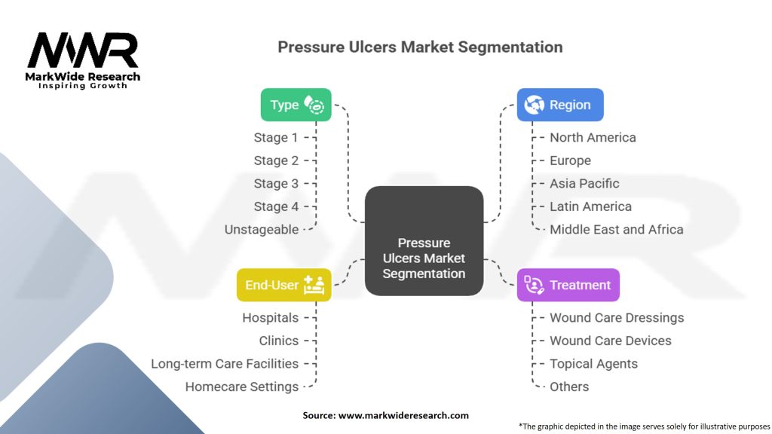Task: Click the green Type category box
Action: (x=296, y=105)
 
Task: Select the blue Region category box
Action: (x=559, y=105)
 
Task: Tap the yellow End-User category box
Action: (x=283, y=285)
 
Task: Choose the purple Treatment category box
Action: (x=568, y=285)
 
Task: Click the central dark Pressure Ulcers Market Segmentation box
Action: (x=424, y=240)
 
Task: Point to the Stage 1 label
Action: (x=276, y=137)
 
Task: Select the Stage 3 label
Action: (x=276, y=183)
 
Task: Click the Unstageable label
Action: (x=262, y=229)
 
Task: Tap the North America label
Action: (x=593, y=137)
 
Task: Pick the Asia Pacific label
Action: (x=584, y=183)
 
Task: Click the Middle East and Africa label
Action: (x=616, y=229)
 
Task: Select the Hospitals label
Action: (x=270, y=317)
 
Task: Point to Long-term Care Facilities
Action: (x=225, y=363)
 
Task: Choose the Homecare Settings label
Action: (x=242, y=387)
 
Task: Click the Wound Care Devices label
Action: (x=610, y=341)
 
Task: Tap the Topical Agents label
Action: (x=593, y=363)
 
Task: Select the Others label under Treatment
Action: (x=569, y=387)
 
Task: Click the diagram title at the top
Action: (x=420, y=47)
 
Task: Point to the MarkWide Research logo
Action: (x=84, y=59)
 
